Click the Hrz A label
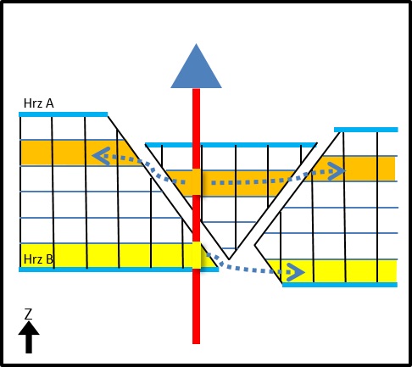pos(39,103)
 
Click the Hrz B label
pos(38,259)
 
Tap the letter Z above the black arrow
pos(28,314)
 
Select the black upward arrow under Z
pos(29,337)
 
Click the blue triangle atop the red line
pos(196,66)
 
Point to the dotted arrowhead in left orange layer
pos(101,156)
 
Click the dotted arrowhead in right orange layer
pos(337,171)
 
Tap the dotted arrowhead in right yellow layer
pos(296,272)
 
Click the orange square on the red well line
pos(197,182)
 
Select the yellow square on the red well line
pos(197,255)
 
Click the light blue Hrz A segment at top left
pos(64,114)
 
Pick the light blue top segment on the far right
pos(366,130)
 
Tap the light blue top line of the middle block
pos(231,145)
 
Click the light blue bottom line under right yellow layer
pos(340,285)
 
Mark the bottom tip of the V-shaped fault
pos(229,259)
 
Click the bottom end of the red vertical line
pos(196,343)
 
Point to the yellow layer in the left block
pos(113,256)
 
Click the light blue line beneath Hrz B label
pos(119,270)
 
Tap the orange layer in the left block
pos(76,153)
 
